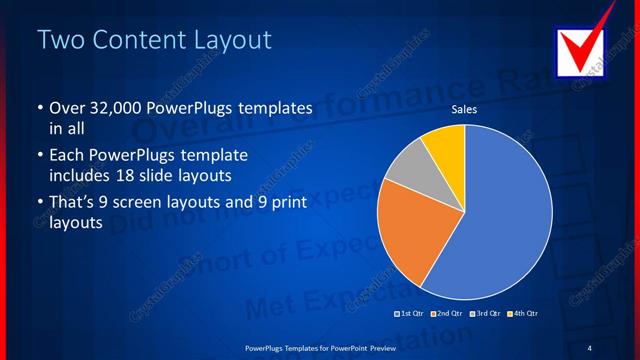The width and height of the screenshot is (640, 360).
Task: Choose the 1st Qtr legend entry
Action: tap(410, 314)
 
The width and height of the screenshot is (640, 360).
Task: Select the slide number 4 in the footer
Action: tap(589, 347)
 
